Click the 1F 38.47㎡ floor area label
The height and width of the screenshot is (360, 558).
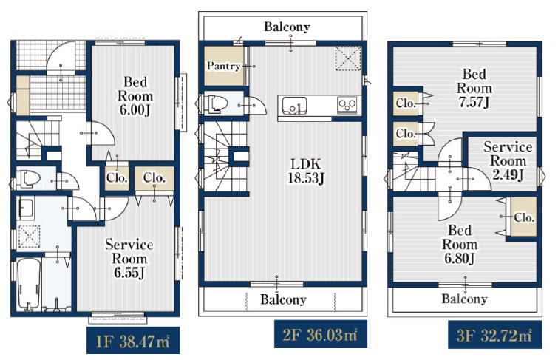point(133,341)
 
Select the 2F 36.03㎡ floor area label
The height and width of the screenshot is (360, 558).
point(320,334)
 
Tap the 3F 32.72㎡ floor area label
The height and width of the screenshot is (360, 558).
point(494,335)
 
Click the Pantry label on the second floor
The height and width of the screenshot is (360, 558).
point(223,66)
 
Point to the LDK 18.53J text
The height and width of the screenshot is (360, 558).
point(306,171)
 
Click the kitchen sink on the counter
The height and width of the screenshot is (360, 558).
point(294,106)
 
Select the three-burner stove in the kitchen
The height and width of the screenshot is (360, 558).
point(347,106)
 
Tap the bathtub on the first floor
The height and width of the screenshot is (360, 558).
point(29,284)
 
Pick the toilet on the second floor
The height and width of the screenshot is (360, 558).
point(217,103)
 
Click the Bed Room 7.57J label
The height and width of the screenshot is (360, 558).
point(474,88)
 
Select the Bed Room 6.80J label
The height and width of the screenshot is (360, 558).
point(460,244)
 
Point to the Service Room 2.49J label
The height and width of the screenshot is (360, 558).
point(508,160)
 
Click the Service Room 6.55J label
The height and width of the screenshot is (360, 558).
point(129,259)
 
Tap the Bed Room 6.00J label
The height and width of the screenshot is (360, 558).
point(135,96)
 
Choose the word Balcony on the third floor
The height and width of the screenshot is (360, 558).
point(464,299)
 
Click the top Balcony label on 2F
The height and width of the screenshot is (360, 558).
point(287,27)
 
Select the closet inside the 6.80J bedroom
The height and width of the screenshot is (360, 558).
point(523,217)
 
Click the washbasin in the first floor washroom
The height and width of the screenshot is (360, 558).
point(27,208)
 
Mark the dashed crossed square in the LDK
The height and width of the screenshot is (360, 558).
point(348,58)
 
